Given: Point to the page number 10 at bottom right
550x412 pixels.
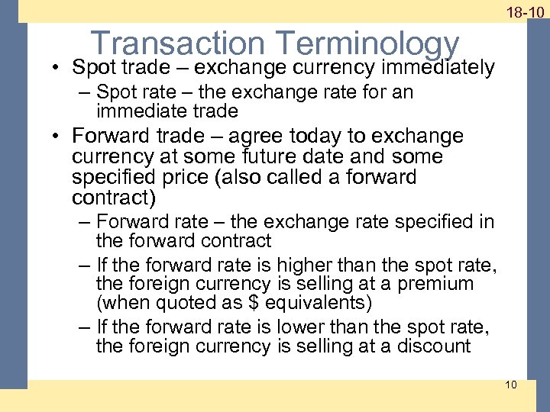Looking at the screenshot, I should [x=511, y=384].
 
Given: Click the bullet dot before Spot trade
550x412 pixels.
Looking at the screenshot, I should [x=58, y=68].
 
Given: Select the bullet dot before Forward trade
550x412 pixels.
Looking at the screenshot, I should [x=58, y=137].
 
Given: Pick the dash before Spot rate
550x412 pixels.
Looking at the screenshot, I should [x=83, y=93].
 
